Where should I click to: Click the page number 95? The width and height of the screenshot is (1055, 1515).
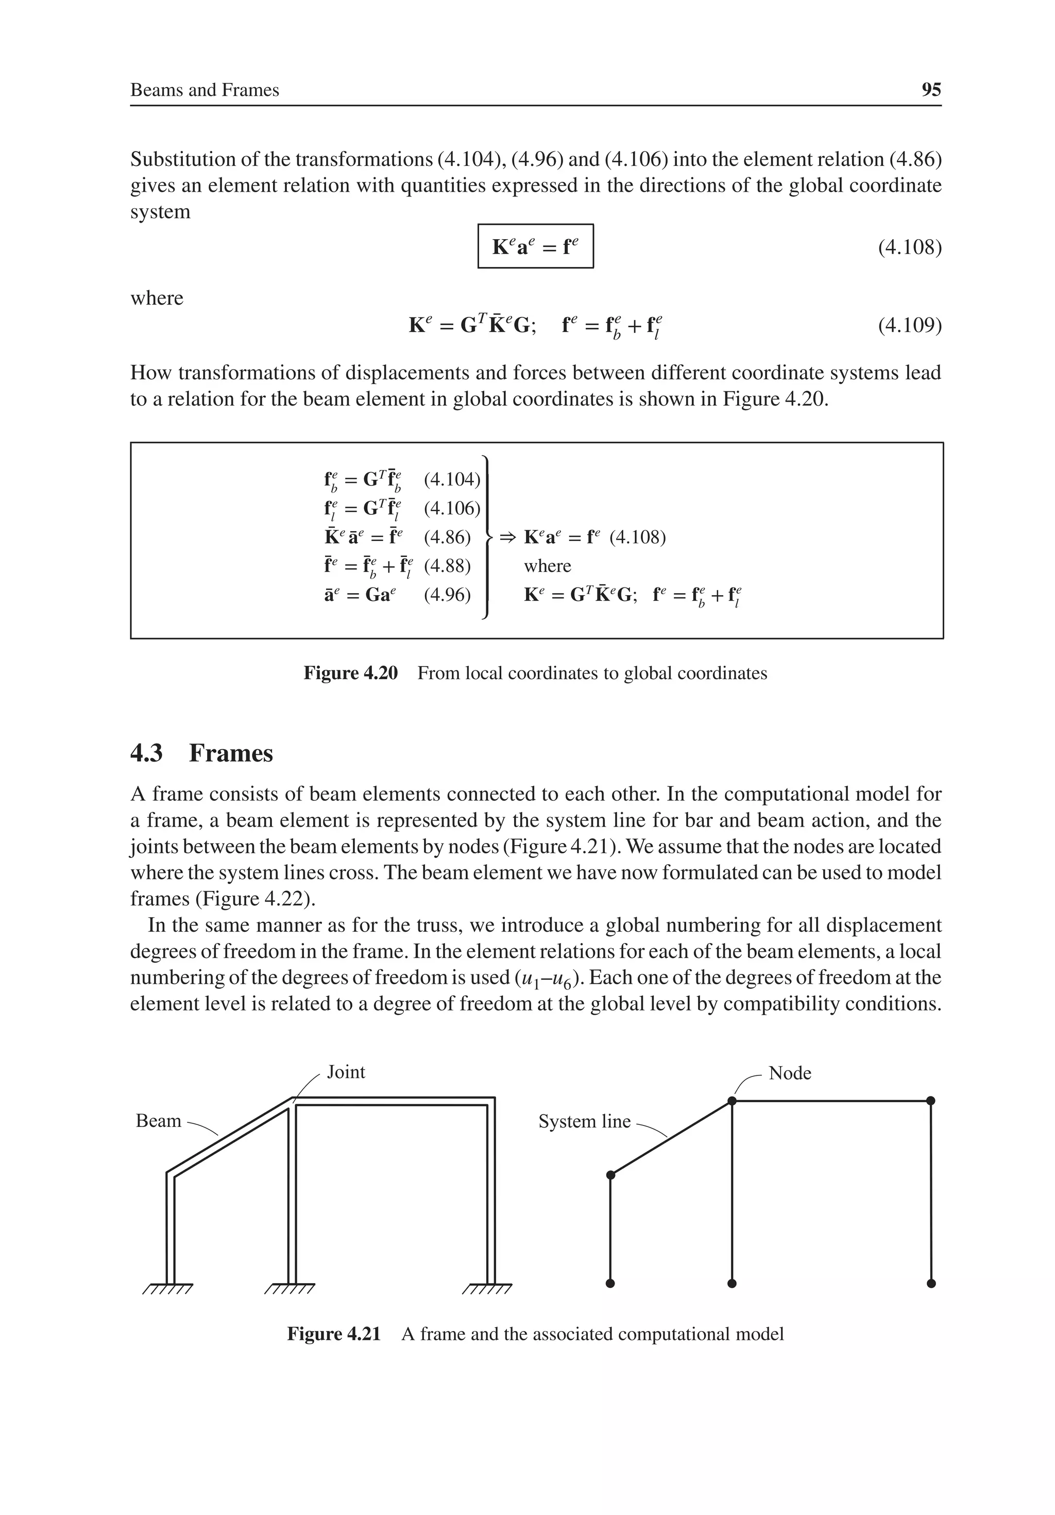click(930, 90)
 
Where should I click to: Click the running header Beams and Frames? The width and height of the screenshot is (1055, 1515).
click(205, 90)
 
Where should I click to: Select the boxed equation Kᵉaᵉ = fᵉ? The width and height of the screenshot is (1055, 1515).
click(535, 247)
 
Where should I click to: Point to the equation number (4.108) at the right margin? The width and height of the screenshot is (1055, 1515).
click(909, 247)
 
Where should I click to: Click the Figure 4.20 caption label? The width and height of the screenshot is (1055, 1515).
click(350, 673)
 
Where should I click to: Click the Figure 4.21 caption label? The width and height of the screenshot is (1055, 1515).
click(334, 1334)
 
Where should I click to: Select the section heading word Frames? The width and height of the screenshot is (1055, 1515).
click(231, 753)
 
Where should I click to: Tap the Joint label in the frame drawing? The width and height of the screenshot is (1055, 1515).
click(346, 1072)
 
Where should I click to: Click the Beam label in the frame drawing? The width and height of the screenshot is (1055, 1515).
click(158, 1120)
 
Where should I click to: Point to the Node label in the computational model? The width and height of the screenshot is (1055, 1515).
click(790, 1073)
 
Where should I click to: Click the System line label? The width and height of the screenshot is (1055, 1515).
click(585, 1121)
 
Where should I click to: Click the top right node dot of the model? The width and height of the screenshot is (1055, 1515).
click(931, 1101)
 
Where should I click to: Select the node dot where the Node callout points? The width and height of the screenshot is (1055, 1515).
click(731, 1101)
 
